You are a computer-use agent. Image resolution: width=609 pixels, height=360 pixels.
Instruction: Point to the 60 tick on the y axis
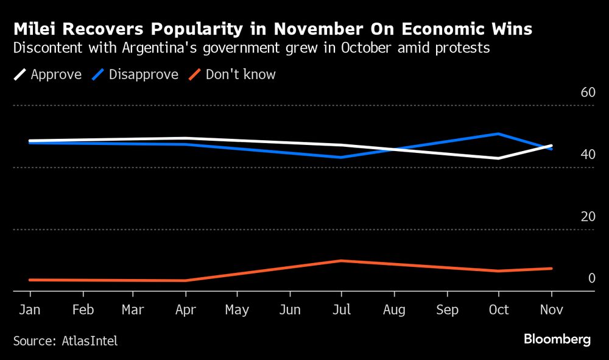(x=588, y=93)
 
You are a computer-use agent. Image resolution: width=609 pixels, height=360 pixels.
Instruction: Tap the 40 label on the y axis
(x=588, y=155)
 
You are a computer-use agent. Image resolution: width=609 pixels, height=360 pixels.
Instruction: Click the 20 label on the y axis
(x=588, y=217)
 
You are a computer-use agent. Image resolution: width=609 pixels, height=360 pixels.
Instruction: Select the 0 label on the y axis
(x=591, y=278)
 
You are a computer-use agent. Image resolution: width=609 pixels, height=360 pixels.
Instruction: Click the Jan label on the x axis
(x=30, y=310)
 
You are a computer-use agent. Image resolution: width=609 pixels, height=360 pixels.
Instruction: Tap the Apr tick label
(x=185, y=310)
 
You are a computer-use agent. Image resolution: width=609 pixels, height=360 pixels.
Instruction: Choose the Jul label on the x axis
(x=342, y=310)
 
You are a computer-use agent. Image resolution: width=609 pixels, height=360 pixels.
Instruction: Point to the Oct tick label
(x=499, y=310)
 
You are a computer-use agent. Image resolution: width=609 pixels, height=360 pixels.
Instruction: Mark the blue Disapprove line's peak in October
(x=499, y=133)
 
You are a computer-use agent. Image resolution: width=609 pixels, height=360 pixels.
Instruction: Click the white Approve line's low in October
(x=499, y=158)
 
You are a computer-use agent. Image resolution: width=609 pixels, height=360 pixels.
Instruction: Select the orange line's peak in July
(x=342, y=261)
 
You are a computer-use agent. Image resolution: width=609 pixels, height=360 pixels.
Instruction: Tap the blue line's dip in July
(x=342, y=157)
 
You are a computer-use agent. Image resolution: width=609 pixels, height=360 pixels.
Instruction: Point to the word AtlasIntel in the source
(x=90, y=341)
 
